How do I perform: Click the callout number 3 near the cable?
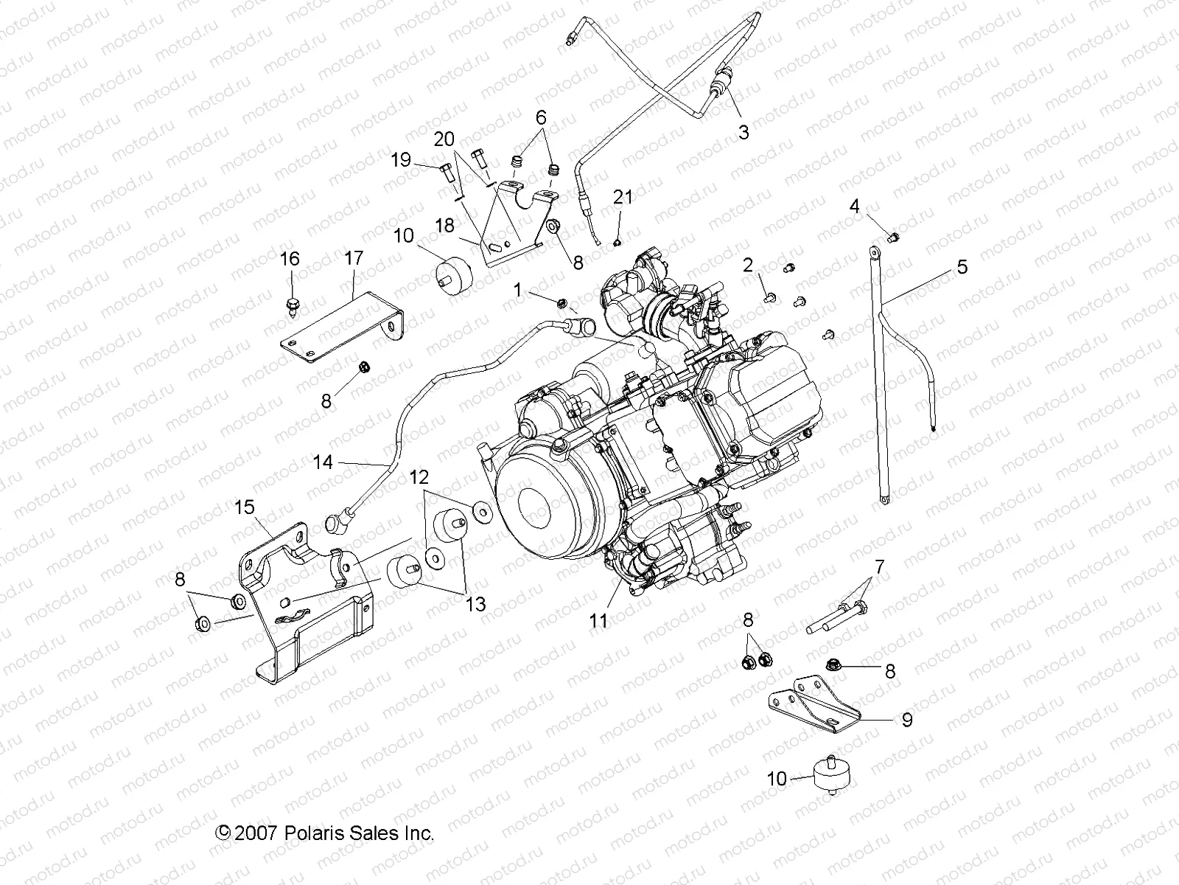click(x=744, y=132)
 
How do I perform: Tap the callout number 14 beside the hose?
click(x=323, y=462)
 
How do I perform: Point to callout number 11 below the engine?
click(x=598, y=621)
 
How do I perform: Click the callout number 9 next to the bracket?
click(x=907, y=719)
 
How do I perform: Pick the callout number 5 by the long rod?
click(x=962, y=267)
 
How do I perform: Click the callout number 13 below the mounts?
click(x=476, y=604)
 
